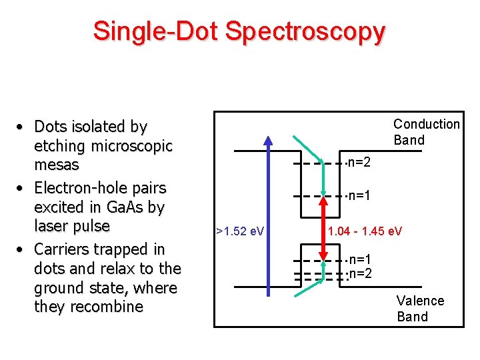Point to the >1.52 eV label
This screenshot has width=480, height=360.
[x=240, y=231]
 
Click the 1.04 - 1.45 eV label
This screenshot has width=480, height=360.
[x=365, y=231]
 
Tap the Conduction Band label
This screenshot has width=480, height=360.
[x=426, y=132]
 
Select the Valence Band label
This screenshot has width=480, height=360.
[x=420, y=309]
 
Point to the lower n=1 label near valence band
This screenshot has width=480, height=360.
[x=361, y=259]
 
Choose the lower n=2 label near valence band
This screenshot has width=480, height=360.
[x=361, y=273]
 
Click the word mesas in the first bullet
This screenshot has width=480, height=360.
[x=56, y=165]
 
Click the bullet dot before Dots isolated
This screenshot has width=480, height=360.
[x=22, y=127]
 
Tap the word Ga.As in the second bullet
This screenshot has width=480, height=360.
[x=123, y=207]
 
